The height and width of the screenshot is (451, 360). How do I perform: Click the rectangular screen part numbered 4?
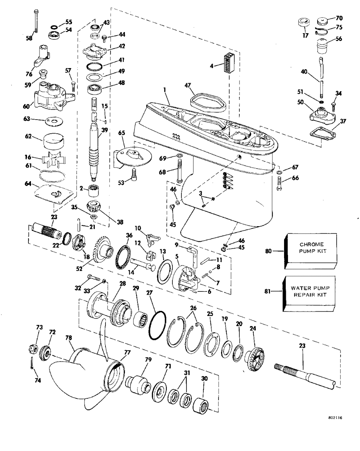[229, 63]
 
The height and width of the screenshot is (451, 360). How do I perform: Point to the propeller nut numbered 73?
[32, 348]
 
